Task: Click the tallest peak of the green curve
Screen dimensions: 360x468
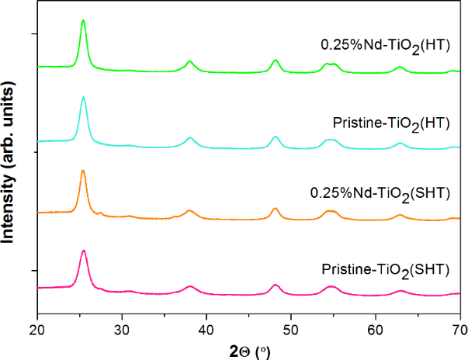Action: tap(83, 21)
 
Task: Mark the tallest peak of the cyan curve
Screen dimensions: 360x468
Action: tap(83, 98)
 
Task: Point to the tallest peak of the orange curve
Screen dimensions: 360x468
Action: tap(83, 171)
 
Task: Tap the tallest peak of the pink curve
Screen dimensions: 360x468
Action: tap(83, 251)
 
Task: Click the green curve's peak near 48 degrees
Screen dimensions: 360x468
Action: tap(275, 60)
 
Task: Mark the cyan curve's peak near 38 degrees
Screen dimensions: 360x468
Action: tap(190, 137)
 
